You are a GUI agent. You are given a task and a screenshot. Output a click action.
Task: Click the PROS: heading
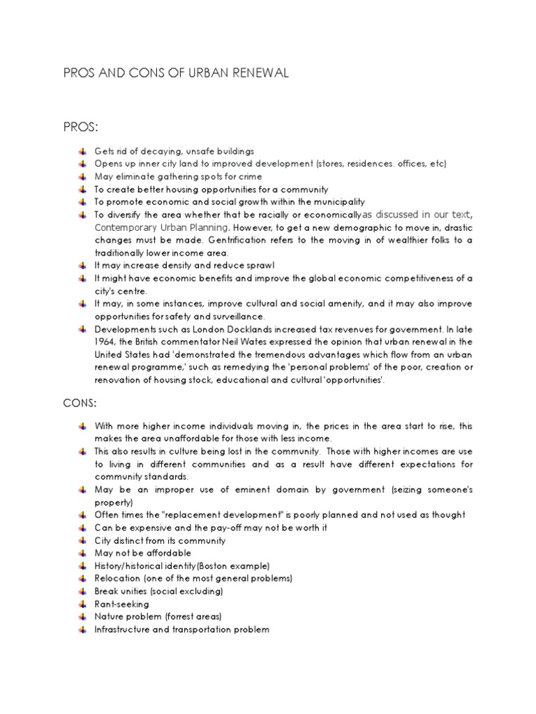(x=81, y=127)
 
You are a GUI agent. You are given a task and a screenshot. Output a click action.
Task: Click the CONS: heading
(x=80, y=402)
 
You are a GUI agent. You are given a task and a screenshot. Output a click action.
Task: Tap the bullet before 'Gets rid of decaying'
(x=82, y=151)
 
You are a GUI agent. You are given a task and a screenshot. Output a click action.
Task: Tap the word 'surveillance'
(x=237, y=317)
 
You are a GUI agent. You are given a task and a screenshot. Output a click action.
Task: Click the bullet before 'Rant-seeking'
(x=82, y=604)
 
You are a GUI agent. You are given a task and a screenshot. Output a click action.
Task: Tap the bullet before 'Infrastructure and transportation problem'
(x=82, y=629)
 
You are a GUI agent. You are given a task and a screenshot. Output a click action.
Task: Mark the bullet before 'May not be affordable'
(x=82, y=553)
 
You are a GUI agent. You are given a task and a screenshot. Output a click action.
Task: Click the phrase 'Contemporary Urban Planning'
(x=161, y=227)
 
